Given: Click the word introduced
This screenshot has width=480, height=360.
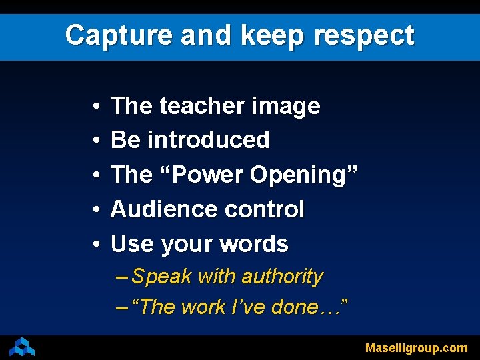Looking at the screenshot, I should [x=208, y=140].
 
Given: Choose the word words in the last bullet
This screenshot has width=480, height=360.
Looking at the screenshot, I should [x=255, y=244].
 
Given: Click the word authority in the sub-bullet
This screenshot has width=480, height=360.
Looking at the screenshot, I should [x=283, y=276].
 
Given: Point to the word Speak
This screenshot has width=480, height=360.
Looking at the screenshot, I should [x=162, y=276].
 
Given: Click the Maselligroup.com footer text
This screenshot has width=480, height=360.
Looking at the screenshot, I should [x=416, y=348].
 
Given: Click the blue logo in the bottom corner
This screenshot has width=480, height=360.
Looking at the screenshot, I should [x=23, y=347].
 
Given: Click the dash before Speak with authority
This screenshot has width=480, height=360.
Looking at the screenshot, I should [x=123, y=276].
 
